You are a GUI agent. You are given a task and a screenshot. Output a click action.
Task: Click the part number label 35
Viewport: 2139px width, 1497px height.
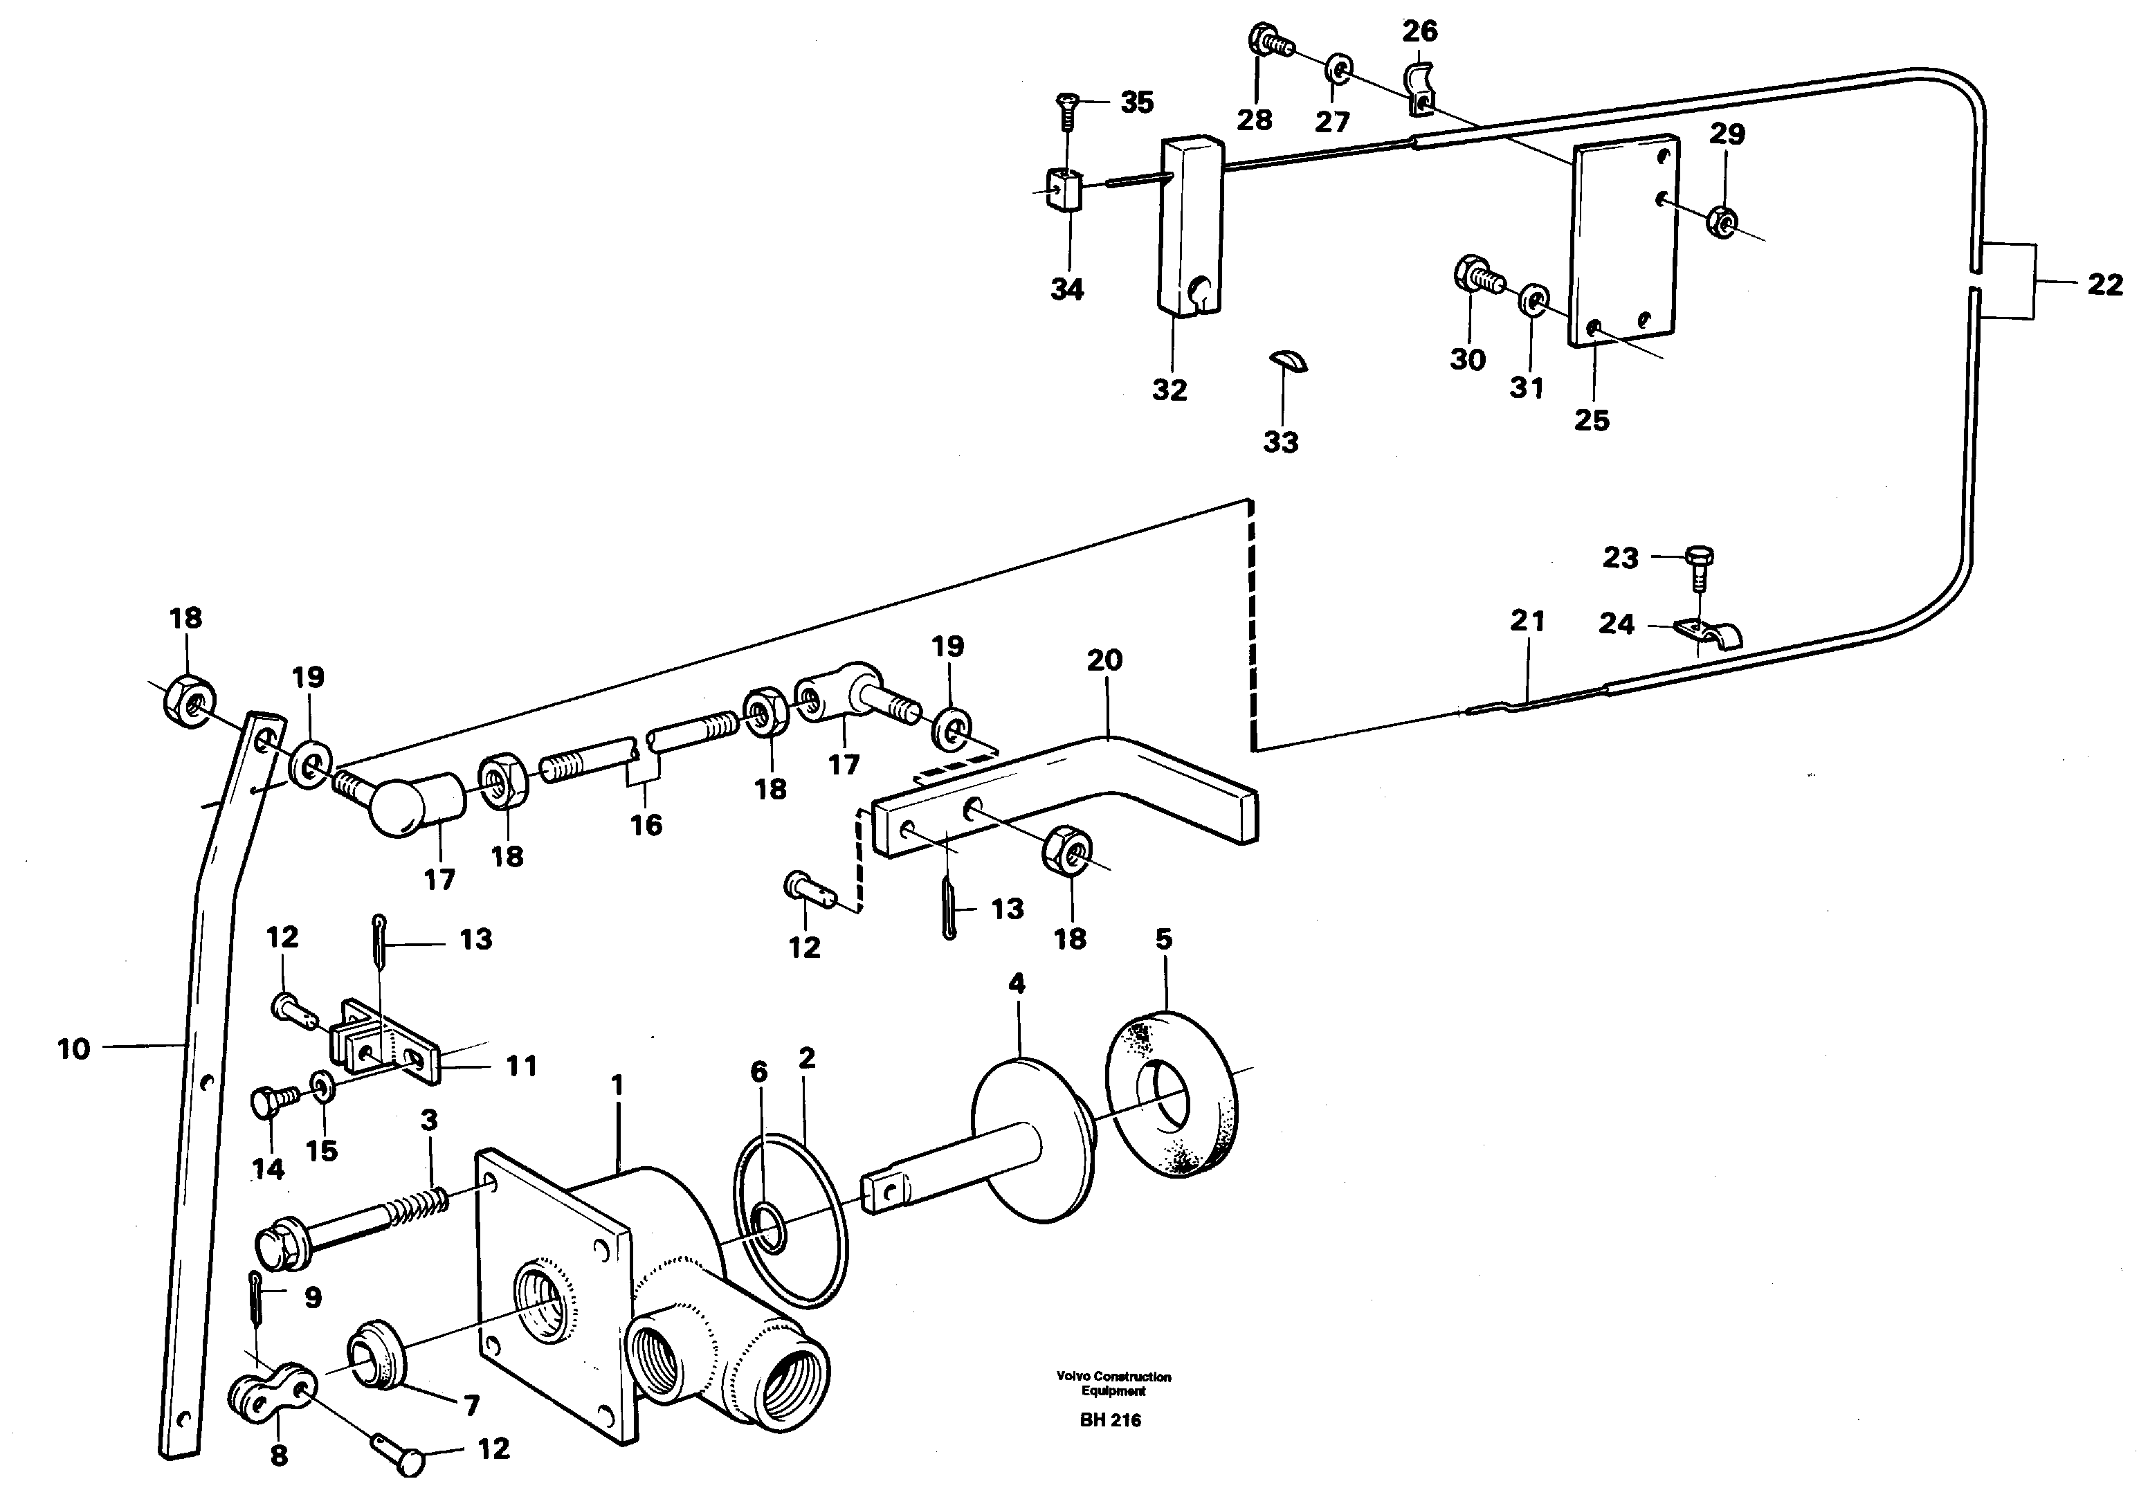tap(1136, 102)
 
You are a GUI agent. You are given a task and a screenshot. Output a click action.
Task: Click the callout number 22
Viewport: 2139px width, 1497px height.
tap(2104, 284)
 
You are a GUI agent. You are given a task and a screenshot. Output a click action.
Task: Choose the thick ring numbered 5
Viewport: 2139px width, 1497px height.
tap(1172, 1096)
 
